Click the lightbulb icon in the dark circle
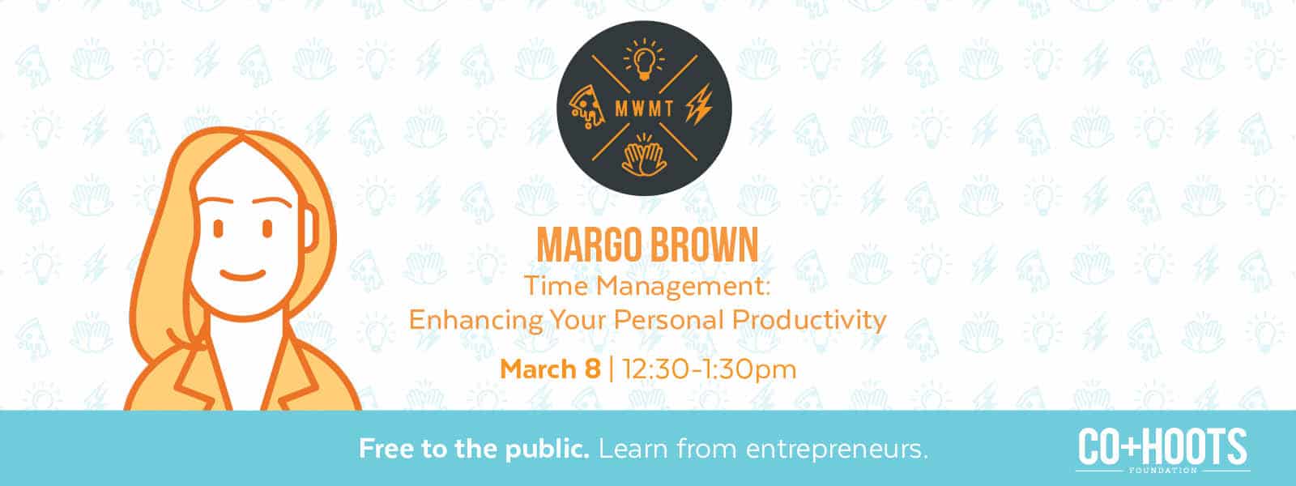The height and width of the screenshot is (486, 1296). pyautogui.click(x=644, y=60)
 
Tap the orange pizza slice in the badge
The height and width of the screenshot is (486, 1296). pyautogui.click(x=588, y=107)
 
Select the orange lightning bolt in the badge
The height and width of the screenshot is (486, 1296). pyautogui.click(x=699, y=104)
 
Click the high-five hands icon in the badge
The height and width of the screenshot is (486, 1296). pyautogui.click(x=643, y=154)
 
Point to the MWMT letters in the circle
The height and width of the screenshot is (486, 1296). pyautogui.click(x=644, y=109)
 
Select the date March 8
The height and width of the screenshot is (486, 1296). pyautogui.click(x=550, y=369)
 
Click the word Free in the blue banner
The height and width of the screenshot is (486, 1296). pyautogui.click(x=386, y=449)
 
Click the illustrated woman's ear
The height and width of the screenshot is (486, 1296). pyautogui.click(x=313, y=230)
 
